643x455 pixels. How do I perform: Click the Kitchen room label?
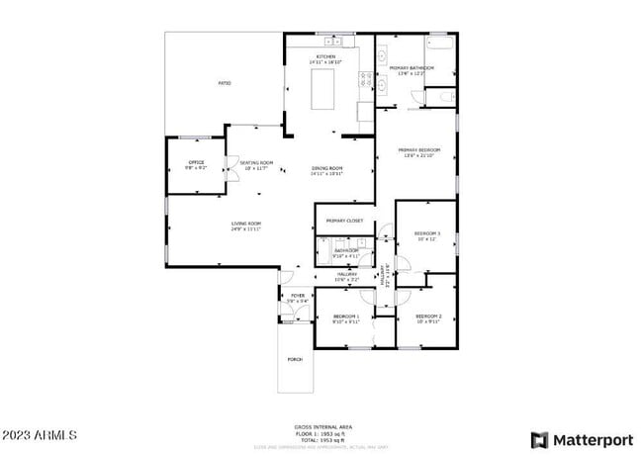(325, 57)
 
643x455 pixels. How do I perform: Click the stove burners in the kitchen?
(366, 78)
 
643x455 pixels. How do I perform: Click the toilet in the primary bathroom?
(443, 97)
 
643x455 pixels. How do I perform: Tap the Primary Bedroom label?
(420, 150)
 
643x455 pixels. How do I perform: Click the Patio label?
(225, 83)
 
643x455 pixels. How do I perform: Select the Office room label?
(196, 162)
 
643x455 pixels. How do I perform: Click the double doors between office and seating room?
(227, 164)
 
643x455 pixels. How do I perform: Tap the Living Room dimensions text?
(246, 229)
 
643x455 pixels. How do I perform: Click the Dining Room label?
(326, 168)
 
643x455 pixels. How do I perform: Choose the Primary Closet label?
(344, 221)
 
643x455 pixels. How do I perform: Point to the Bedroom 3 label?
(426, 233)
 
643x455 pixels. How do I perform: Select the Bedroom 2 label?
(426, 316)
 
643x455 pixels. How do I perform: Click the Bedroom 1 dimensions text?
(345, 321)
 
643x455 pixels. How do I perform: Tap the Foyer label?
(297, 296)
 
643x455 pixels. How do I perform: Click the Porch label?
(295, 359)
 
